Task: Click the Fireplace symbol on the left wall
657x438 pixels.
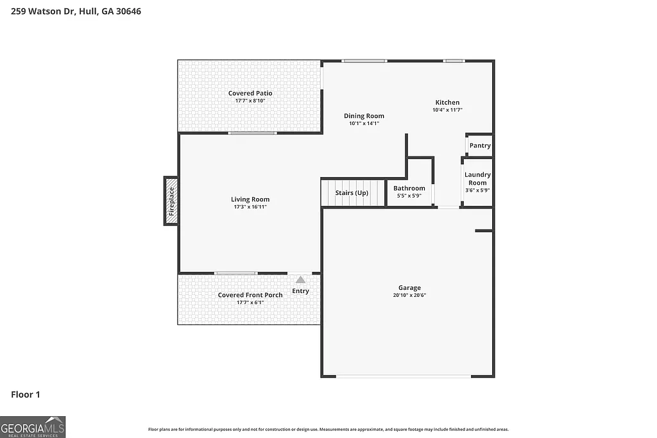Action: point(171,201)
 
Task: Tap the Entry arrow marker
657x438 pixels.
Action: point(300,280)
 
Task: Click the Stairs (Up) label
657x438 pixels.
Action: point(352,193)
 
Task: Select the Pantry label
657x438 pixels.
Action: point(480,146)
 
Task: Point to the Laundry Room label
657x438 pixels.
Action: point(477,178)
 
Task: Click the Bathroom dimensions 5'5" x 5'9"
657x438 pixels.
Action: point(409,196)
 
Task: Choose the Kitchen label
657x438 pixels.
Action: point(447,103)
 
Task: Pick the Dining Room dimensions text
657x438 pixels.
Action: point(364,123)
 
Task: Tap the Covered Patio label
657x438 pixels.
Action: point(250,94)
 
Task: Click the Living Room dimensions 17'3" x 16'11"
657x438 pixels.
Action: point(250,206)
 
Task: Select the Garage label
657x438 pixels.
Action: point(409,288)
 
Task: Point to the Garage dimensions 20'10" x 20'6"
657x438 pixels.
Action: point(409,295)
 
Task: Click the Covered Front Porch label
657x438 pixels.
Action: point(250,295)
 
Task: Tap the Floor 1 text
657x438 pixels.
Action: point(26,395)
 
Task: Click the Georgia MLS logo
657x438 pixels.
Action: point(33,426)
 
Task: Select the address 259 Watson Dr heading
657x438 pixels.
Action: point(71,11)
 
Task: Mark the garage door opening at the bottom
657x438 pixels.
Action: point(403,376)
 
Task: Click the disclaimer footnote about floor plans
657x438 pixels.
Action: point(328,430)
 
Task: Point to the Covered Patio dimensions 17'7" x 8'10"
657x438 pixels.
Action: point(250,101)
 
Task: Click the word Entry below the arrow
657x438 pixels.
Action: point(300,291)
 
